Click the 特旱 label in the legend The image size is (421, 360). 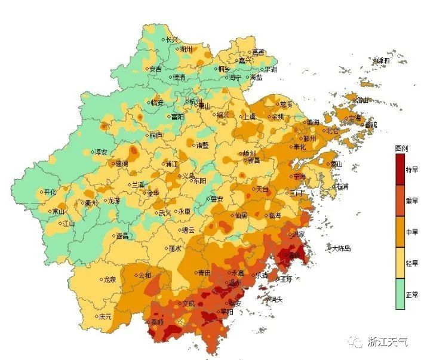[412, 170]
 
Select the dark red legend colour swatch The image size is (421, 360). [400, 170]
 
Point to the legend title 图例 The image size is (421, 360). [401, 147]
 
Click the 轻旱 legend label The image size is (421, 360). [412, 263]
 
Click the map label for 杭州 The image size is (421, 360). [196, 101]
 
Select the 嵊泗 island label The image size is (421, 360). [383, 61]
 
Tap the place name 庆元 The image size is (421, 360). [105, 316]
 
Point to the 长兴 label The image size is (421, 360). [172, 39]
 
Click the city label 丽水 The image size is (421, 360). [174, 248]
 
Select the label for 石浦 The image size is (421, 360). [342, 186]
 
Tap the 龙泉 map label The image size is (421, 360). [109, 279]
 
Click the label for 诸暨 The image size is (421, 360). [202, 144]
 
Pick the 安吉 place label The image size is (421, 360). [155, 69]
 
